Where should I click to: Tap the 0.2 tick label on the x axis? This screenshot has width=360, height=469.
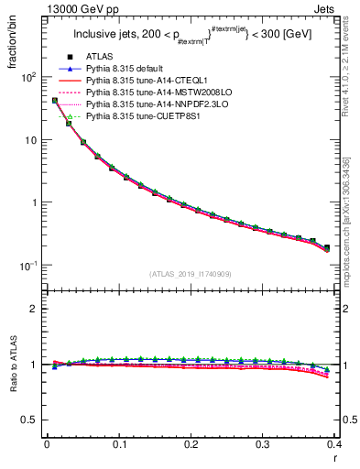[191, 444]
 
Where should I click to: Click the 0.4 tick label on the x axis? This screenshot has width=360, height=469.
[335, 444]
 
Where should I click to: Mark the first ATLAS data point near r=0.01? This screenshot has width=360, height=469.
[54, 101]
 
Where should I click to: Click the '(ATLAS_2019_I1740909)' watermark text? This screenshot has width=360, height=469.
[190, 274]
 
